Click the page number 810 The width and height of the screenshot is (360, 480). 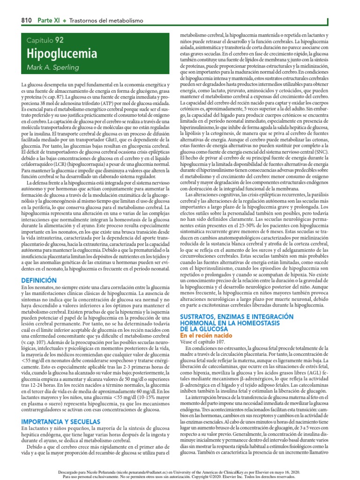click(x=26, y=21)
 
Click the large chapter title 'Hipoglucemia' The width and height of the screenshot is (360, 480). click(x=61, y=54)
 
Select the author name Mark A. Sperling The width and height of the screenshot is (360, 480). click(x=52, y=68)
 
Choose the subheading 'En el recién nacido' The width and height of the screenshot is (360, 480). click(x=206, y=336)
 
